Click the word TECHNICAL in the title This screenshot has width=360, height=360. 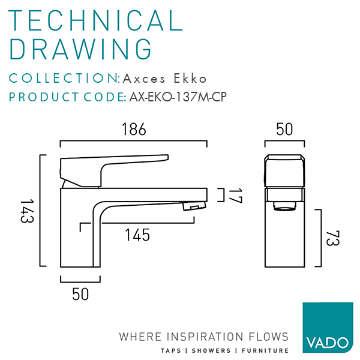(x=95, y=20)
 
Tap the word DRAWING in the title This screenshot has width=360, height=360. (x=80, y=49)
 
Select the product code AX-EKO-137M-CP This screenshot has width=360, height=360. (x=178, y=97)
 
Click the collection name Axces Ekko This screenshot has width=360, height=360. (x=164, y=78)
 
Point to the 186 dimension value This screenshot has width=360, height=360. (x=134, y=129)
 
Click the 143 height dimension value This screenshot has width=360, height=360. (x=27, y=211)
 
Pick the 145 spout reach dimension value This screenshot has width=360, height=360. (x=137, y=235)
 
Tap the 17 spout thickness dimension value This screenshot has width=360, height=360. (x=235, y=196)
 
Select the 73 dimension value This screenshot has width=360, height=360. (x=332, y=238)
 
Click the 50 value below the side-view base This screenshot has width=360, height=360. (x=80, y=294)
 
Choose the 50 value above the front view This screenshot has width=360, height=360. (x=284, y=129)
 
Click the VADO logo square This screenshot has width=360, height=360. (x=328, y=327)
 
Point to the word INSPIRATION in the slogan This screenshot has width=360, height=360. (x=205, y=337)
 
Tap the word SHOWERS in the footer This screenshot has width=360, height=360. (x=211, y=350)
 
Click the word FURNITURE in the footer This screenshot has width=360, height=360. (x=265, y=350)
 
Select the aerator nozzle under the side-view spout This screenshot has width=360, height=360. (x=194, y=206)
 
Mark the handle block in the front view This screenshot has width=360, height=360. (x=284, y=171)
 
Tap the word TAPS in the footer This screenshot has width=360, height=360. (x=171, y=350)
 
